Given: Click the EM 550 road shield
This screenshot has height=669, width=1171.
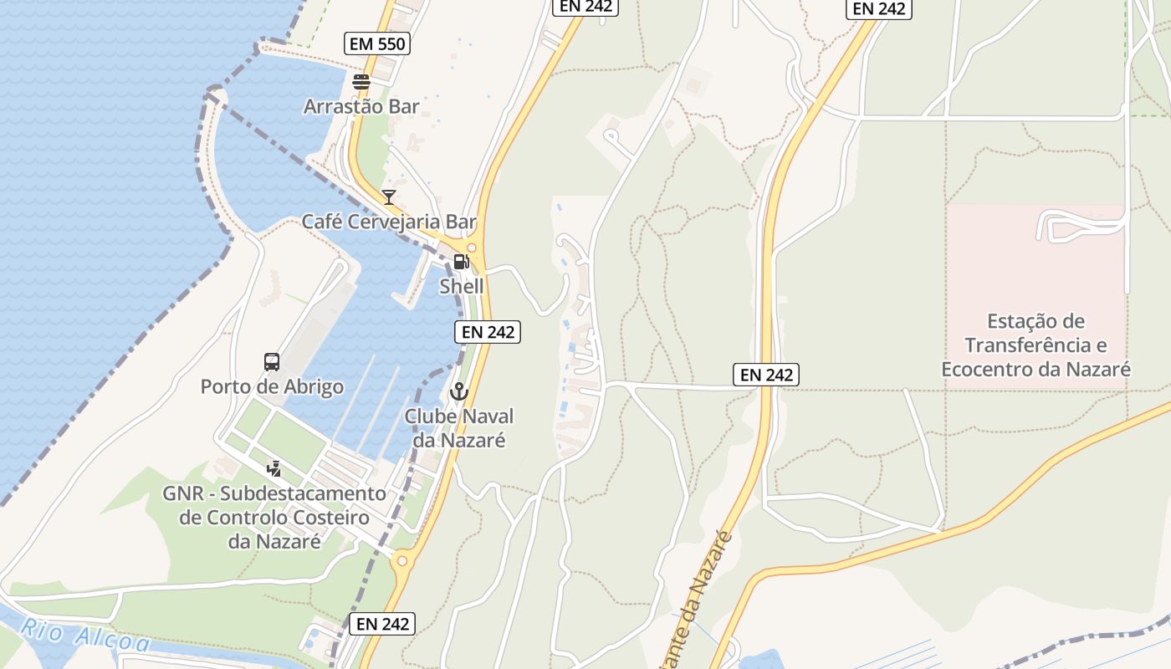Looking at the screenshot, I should tap(377, 43).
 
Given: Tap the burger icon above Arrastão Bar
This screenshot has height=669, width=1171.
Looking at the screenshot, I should tap(361, 82).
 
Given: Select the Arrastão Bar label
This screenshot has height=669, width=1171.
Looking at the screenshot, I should tap(361, 107).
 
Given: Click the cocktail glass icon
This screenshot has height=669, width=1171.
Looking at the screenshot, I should tap(389, 197).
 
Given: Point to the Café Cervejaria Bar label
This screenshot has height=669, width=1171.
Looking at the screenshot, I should tap(389, 222).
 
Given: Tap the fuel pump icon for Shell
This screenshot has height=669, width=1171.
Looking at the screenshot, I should tap(461, 262).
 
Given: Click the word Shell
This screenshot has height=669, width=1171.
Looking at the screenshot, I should tap(462, 286).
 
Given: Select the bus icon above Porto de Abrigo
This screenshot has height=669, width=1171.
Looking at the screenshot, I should tap(272, 362).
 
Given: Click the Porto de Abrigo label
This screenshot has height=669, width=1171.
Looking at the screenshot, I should tap(272, 387).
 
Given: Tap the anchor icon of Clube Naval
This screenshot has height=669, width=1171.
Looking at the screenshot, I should tap(458, 391).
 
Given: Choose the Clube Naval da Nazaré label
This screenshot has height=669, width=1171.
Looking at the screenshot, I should tap(459, 428).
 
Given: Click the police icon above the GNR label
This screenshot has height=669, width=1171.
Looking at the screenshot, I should tap(274, 469).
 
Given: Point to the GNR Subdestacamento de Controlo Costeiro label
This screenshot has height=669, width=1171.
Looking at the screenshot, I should tap(274, 518).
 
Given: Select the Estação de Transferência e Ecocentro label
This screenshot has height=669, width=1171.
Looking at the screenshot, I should tap(1035, 345).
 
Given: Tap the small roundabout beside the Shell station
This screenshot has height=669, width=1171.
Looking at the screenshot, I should tap(472, 248).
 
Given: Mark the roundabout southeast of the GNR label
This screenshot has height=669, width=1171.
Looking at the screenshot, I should tap(402, 560).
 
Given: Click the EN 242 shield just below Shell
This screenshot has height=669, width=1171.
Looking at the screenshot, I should tap(488, 332).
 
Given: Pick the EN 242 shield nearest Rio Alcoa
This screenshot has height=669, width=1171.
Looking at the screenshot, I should tap(381, 624).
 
